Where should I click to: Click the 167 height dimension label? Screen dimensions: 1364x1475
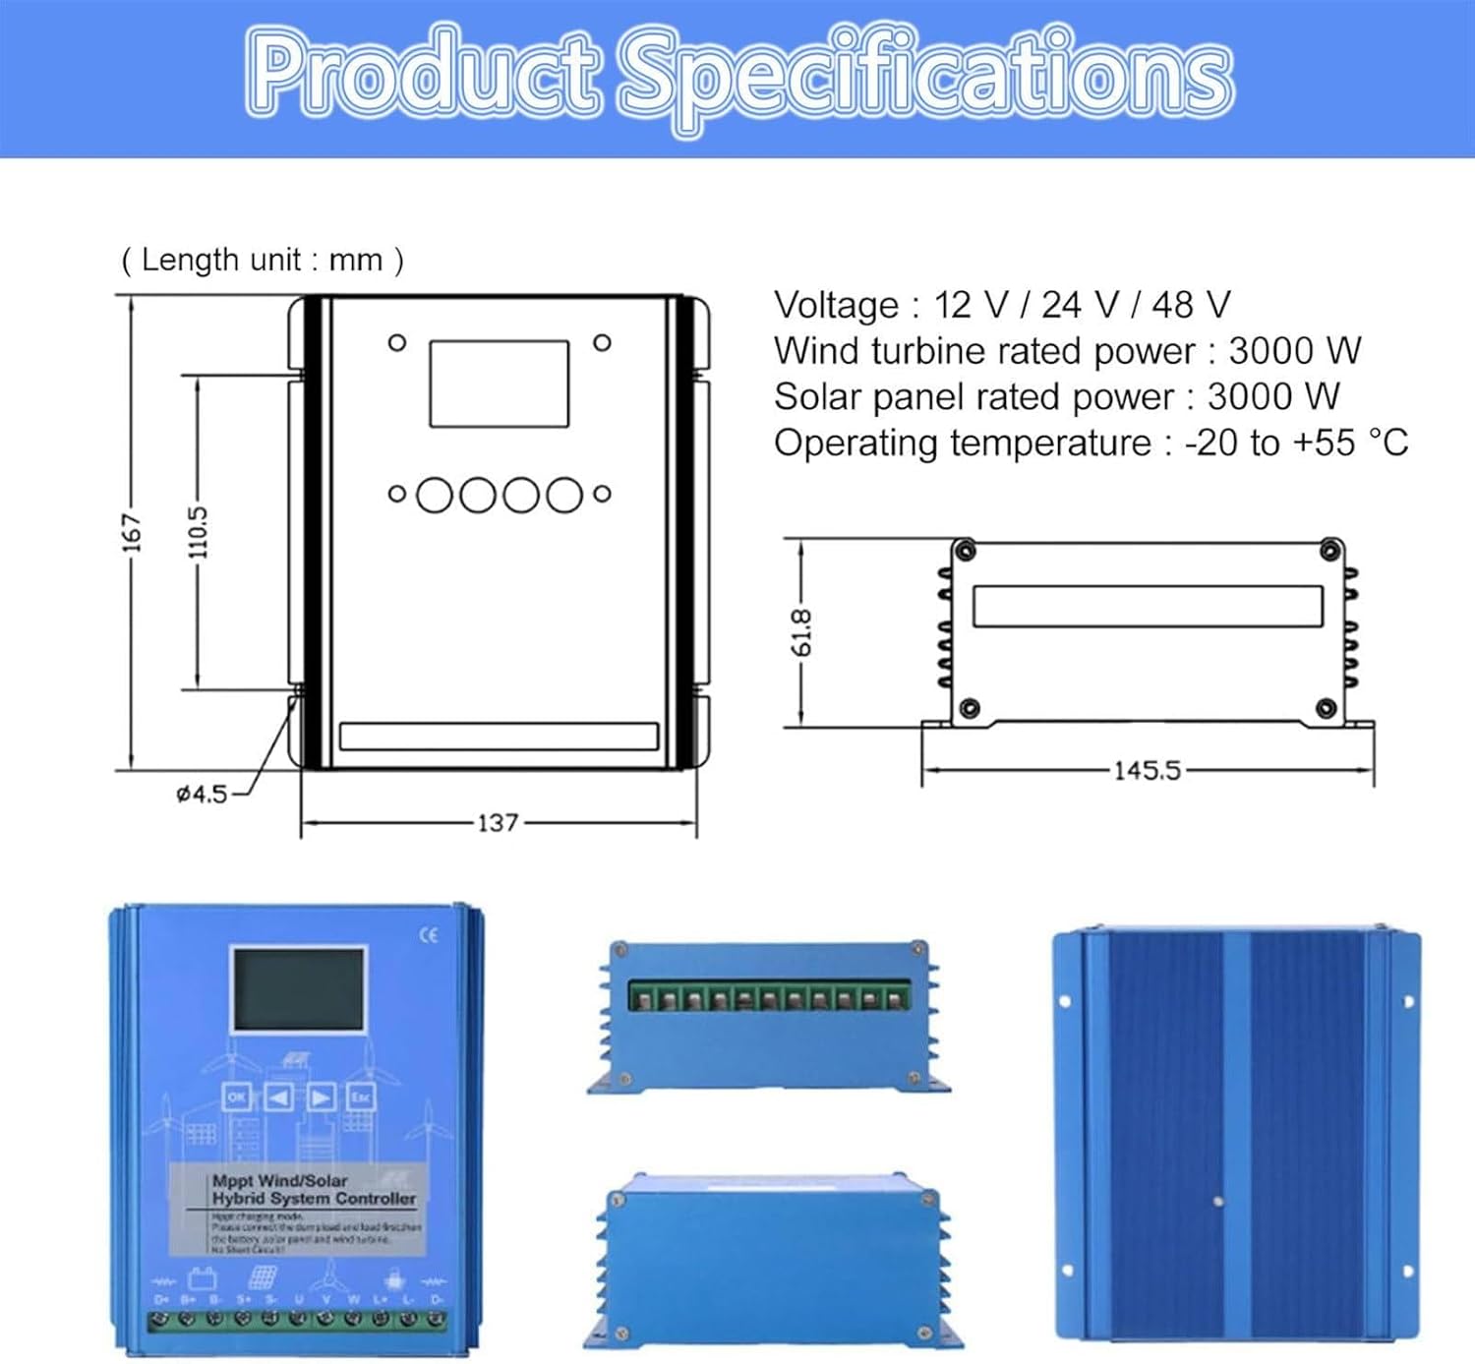coord(132,532)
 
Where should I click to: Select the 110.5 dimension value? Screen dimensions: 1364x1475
coord(198,532)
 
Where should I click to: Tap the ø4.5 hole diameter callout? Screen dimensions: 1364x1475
coord(202,794)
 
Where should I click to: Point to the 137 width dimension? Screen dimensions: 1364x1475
coord(498,822)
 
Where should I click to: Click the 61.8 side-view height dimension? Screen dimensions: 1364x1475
coord(801,632)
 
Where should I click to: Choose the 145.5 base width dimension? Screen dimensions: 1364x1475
coord(1147,770)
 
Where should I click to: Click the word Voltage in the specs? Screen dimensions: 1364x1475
coord(836,305)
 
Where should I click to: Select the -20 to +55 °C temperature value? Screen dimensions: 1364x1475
coord(1296,443)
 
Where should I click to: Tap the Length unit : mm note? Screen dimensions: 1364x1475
coord(262,260)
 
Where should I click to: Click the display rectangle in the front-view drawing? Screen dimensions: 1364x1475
coord(499,384)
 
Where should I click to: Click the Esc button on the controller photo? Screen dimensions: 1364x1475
coord(361,1096)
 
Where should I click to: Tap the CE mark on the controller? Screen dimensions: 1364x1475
coord(429,935)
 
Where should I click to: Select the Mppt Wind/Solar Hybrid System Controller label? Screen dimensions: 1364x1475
coord(313,1190)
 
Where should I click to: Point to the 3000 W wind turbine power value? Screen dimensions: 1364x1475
coord(1294,351)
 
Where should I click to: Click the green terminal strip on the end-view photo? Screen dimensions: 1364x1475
coord(770,998)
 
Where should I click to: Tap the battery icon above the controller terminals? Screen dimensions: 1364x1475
coord(203,1278)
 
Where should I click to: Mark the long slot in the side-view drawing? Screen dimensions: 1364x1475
coord(1148,607)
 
